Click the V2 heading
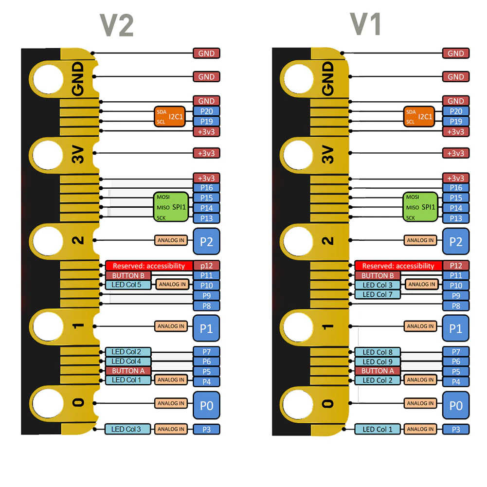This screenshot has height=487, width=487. tap(117, 25)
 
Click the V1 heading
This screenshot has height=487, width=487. tap(366, 24)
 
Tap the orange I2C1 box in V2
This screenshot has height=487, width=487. tap(170, 117)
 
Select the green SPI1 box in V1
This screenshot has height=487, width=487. tap(420, 207)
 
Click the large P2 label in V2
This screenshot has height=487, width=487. tap(207, 241)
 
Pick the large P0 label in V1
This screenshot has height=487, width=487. tap(456, 405)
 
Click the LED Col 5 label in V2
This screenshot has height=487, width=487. tap(126, 285)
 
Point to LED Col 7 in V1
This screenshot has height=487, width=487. tap(378, 294)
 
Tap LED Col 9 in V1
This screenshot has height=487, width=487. tap(378, 361)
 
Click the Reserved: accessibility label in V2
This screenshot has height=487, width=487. tap(149, 266)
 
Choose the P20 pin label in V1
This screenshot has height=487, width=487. tap(456, 111)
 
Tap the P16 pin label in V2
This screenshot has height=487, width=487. tap(207, 188)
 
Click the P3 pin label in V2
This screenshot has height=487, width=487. tap(207, 429)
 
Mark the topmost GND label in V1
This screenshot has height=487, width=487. tap(456, 54)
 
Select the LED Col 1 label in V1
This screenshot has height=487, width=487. tap(378, 429)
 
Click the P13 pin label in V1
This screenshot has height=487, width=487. tap(456, 218)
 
